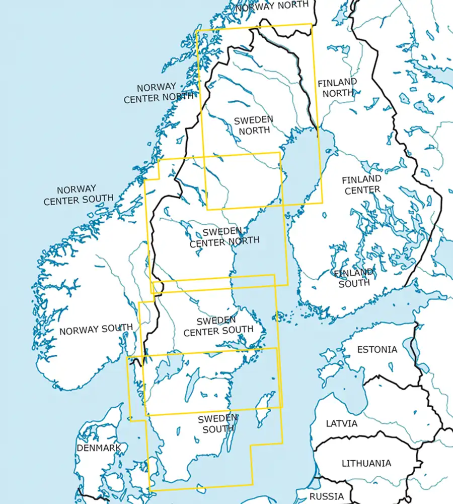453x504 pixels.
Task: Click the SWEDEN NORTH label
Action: (x=254, y=124)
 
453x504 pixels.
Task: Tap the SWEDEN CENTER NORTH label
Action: (x=224, y=236)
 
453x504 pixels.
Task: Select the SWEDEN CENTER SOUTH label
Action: (x=218, y=326)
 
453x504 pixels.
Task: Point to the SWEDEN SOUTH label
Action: (x=218, y=424)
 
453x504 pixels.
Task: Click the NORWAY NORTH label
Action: (x=271, y=6)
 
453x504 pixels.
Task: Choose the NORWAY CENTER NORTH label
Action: (x=158, y=93)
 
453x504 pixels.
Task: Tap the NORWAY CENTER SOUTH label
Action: (x=79, y=195)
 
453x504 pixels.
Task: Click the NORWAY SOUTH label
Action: (x=96, y=330)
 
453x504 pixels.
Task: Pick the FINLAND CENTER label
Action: (x=361, y=184)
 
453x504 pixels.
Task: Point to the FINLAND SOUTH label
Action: (x=354, y=277)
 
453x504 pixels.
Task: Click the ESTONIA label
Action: (x=376, y=349)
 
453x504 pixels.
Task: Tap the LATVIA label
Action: (x=342, y=423)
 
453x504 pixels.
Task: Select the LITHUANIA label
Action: (x=366, y=463)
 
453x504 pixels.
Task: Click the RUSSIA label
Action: (x=327, y=496)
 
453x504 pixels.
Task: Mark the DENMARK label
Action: (x=99, y=448)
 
